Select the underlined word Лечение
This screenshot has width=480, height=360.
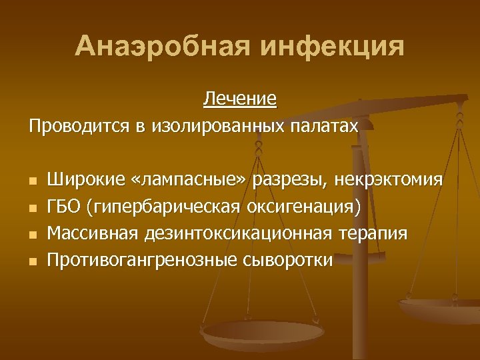(240, 100)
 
